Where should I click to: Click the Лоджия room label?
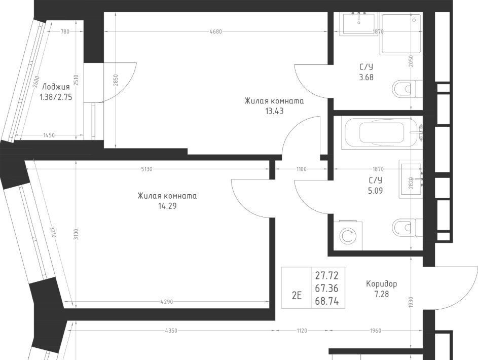(x=56, y=87)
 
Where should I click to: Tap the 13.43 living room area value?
(x=274, y=111)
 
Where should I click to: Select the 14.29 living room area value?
(x=167, y=206)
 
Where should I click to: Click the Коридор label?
(x=381, y=284)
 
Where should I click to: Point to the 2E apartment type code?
(x=297, y=296)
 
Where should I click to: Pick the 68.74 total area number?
(x=327, y=302)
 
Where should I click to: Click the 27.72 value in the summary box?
(x=327, y=276)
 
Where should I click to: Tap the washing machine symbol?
(x=348, y=236)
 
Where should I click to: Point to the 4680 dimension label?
(x=216, y=31)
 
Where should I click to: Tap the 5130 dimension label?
(x=146, y=169)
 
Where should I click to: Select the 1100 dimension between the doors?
(x=301, y=169)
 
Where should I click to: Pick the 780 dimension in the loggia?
(x=65, y=31)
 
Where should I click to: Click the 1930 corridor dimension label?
(x=412, y=302)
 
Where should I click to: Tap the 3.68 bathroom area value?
(x=366, y=78)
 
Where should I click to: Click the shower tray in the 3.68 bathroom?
(x=400, y=34)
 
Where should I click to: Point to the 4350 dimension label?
(x=171, y=331)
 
